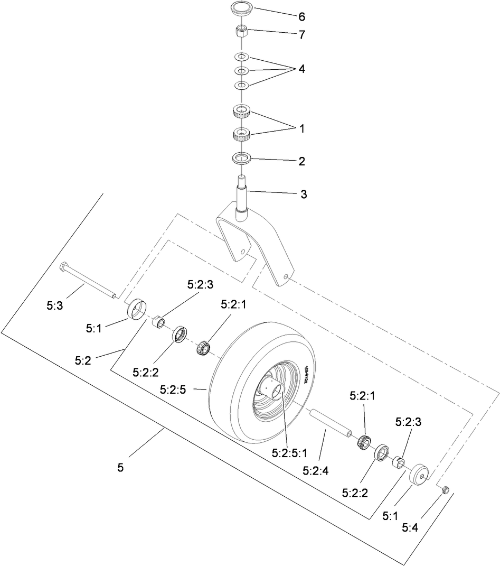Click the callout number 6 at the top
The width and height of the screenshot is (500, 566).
(x=302, y=16)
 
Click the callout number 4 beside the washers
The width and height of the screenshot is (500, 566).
(x=302, y=69)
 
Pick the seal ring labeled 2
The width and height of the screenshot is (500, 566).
(x=241, y=157)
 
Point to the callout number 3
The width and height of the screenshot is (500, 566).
(x=303, y=194)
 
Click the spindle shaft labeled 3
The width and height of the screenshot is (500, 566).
(x=241, y=196)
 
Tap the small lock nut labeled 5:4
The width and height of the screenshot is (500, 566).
(x=444, y=490)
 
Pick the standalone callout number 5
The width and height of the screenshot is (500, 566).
(x=120, y=468)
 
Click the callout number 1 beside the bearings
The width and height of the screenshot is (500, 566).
(x=302, y=128)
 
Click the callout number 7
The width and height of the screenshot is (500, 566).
(x=302, y=35)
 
